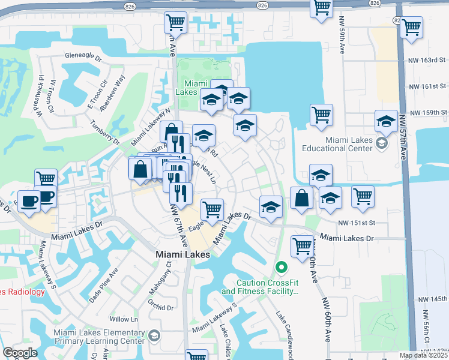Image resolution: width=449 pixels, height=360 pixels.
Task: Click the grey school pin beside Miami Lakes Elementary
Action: [155, 334]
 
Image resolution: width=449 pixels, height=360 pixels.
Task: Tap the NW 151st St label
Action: [356, 223]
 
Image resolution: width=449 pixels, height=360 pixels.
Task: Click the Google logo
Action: [19, 353]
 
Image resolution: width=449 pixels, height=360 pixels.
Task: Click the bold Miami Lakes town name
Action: [182, 254]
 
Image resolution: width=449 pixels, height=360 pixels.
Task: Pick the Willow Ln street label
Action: [124, 319]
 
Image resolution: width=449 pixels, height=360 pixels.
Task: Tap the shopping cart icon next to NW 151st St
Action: [363, 196]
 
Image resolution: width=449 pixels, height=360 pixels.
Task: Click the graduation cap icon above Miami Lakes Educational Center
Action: [385, 121]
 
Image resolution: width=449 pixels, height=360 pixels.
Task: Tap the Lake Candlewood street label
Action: [284, 334]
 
